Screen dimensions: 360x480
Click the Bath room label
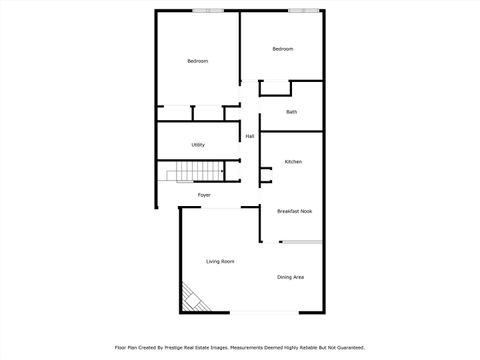pyautogui.click(x=291, y=112)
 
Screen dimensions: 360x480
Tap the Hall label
pyautogui.click(x=249, y=136)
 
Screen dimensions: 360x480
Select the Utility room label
pyautogui.click(x=198, y=145)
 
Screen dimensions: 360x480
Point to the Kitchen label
pyautogui.click(x=293, y=162)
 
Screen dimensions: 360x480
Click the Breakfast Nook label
pyautogui.click(x=294, y=212)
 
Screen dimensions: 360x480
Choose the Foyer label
pyautogui.click(x=203, y=195)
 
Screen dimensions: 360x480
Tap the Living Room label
pyautogui.click(x=220, y=262)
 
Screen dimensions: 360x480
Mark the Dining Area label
pyautogui.click(x=290, y=277)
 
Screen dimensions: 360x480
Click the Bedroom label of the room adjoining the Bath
pyautogui.click(x=283, y=49)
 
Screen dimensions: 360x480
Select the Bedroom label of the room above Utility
pyautogui.click(x=198, y=62)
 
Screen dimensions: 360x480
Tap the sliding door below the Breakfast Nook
pyautogui.click(x=301, y=241)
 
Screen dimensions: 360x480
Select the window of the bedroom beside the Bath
pyautogui.click(x=303, y=10)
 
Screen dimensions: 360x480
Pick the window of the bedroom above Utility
pyautogui.click(x=208, y=10)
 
